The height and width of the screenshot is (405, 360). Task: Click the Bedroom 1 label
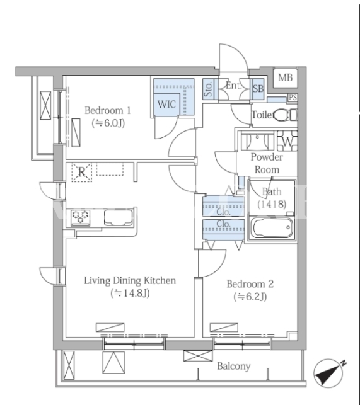click(108, 111)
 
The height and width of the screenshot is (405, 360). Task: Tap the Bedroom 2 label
click(250, 284)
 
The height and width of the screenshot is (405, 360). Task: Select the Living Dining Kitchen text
click(130, 281)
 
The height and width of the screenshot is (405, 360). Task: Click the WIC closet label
click(166, 105)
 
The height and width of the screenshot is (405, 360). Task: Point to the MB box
click(285, 77)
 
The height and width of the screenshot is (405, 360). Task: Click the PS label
click(293, 98)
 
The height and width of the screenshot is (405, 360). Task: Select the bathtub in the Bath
click(272, 228)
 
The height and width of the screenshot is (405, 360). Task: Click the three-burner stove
click(81, 217)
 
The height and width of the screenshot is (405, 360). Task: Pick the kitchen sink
click(119, 217)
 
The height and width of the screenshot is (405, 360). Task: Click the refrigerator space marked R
click(82, 172)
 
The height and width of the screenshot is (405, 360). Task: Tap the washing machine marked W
click(287, 141)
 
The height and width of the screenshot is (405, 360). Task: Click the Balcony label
click(233, 366)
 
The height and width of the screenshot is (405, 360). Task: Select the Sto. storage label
click(208, 89)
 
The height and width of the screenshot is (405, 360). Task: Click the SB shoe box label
click(258, 89)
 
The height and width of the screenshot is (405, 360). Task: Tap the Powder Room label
click(267, 163)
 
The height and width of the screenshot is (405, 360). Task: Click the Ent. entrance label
click(234, 86)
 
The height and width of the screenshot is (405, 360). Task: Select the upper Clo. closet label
click(223, 212)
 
